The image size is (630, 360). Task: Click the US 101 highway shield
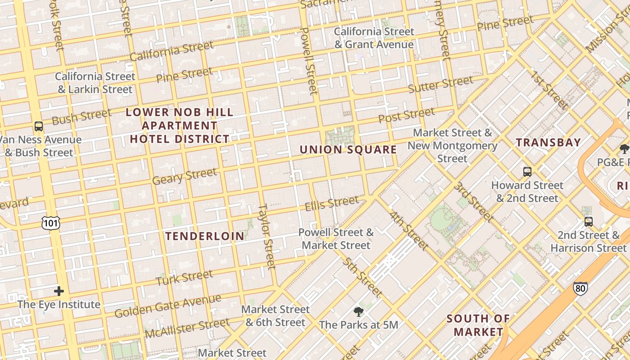(51, 222)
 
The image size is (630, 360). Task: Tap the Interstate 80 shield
(580, 288)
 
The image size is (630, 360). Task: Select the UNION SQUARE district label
(348, 149)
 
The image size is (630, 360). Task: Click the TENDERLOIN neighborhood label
(205, 236)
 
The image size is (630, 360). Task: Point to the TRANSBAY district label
(548, 143)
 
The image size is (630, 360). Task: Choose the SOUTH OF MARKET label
(478, 325)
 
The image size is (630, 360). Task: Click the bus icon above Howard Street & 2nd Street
(527, 171)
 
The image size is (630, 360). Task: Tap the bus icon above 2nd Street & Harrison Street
(588, 221)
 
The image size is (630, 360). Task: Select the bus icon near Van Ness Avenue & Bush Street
(39, 126)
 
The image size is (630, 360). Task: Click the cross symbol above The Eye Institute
(59, 291)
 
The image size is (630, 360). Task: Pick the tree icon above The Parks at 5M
(358, 311)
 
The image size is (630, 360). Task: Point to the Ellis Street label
(332, 203)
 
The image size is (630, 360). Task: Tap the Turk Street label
(184, 278)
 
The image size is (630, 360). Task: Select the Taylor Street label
(266, 236)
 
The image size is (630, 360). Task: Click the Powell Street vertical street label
(309, 61)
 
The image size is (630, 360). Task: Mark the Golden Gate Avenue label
(167, 306)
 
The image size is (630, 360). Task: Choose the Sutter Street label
(441, 84)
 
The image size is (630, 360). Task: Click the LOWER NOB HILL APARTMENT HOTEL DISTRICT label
(180, 126)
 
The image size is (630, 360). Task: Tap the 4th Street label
(408, 230)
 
